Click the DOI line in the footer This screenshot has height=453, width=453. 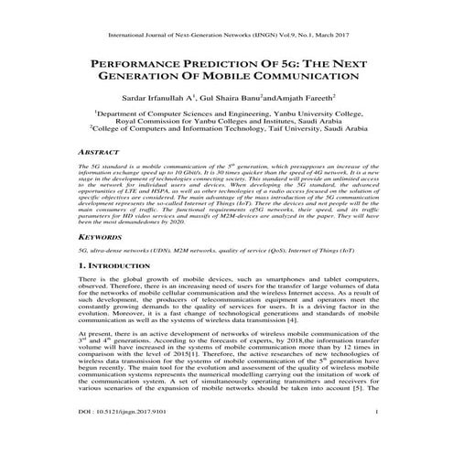pyautogui.click(x=125, y=438)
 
